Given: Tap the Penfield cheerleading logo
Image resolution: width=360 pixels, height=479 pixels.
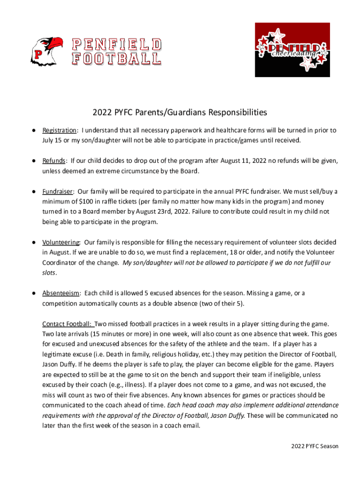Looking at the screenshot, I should (292, 50).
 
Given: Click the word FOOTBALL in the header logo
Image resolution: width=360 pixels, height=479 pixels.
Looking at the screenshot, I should (116, 59).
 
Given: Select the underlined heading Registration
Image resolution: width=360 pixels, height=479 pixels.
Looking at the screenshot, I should (59, 130).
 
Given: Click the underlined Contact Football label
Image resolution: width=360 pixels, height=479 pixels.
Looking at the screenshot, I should (68, 324).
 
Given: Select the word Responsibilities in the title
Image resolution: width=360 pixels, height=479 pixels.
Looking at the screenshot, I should (238, 112).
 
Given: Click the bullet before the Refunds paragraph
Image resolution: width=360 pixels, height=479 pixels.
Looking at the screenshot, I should (34, 161).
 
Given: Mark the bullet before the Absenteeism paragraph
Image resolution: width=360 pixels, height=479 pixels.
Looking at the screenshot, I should (34, 293).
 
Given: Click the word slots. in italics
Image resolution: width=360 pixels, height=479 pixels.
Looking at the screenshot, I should (50, 273).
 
